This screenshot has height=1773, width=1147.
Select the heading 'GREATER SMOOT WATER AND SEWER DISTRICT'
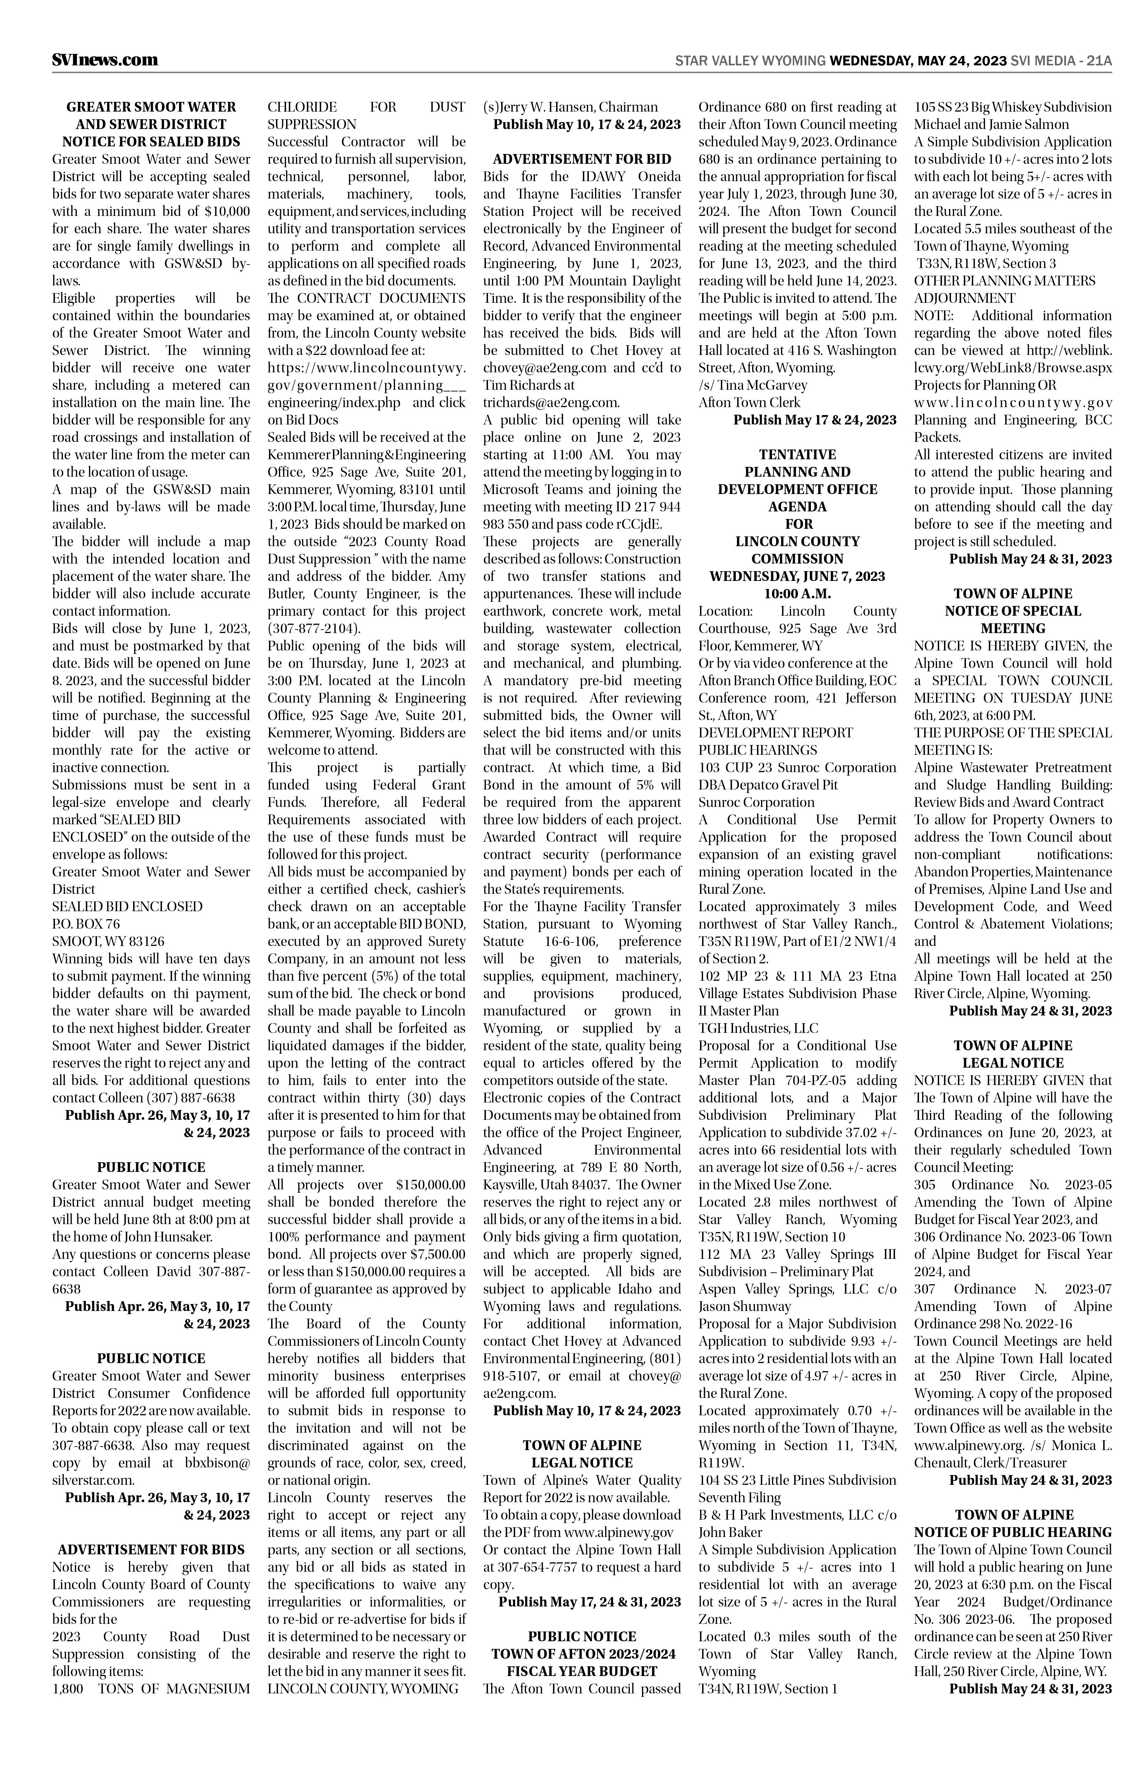[151, 115]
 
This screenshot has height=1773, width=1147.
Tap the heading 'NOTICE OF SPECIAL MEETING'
[1013, 620]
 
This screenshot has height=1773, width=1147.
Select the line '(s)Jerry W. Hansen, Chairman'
[570, 106]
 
